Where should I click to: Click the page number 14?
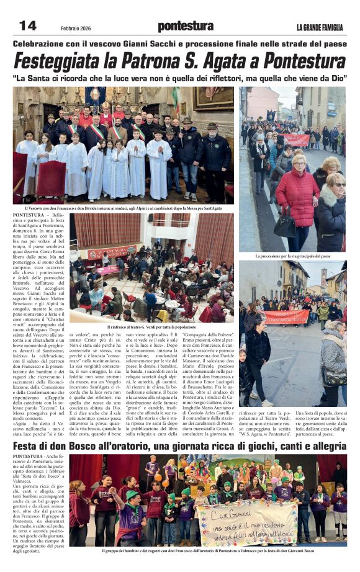pyautogui.click(x=28, y=25)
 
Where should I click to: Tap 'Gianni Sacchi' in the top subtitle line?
pyautogui.click(x=141, y=44)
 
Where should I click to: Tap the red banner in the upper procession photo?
pyautogui.click(x=296, y=140)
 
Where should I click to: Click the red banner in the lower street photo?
pyautogui.click(x=287, y=317)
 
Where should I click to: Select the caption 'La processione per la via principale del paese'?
pyautogui.click(x=292, y=256)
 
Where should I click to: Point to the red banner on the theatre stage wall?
pyautogui.click(x=112, y=252)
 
